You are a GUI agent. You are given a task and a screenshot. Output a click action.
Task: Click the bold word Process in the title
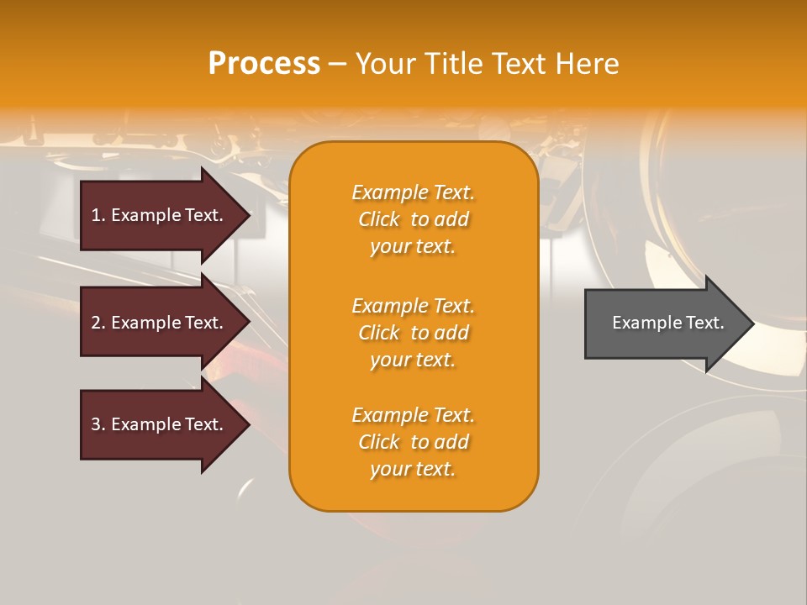(264, 64)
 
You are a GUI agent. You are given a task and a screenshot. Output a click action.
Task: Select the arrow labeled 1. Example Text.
(160, 215)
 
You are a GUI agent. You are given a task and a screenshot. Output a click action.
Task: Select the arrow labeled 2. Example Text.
(160, 323)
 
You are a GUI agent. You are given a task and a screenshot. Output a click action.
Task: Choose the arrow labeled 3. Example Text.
(160, 424)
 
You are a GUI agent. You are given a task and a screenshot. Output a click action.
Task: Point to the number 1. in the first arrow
(98, 215)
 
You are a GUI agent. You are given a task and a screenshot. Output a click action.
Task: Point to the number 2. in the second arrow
(98, 323)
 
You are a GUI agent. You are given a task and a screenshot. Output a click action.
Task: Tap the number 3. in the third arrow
(98, 424)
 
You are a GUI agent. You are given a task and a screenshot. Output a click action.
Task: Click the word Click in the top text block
(379, 219)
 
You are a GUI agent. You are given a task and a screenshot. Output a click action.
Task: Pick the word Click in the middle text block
(379, 333)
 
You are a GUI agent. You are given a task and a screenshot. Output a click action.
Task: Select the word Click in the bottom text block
(379, 442)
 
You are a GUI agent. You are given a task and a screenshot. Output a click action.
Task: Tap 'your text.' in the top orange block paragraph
(413, 246)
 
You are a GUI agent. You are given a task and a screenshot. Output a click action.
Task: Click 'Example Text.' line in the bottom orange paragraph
(413, 415)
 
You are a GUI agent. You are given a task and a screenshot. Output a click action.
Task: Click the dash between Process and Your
(337, 64)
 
